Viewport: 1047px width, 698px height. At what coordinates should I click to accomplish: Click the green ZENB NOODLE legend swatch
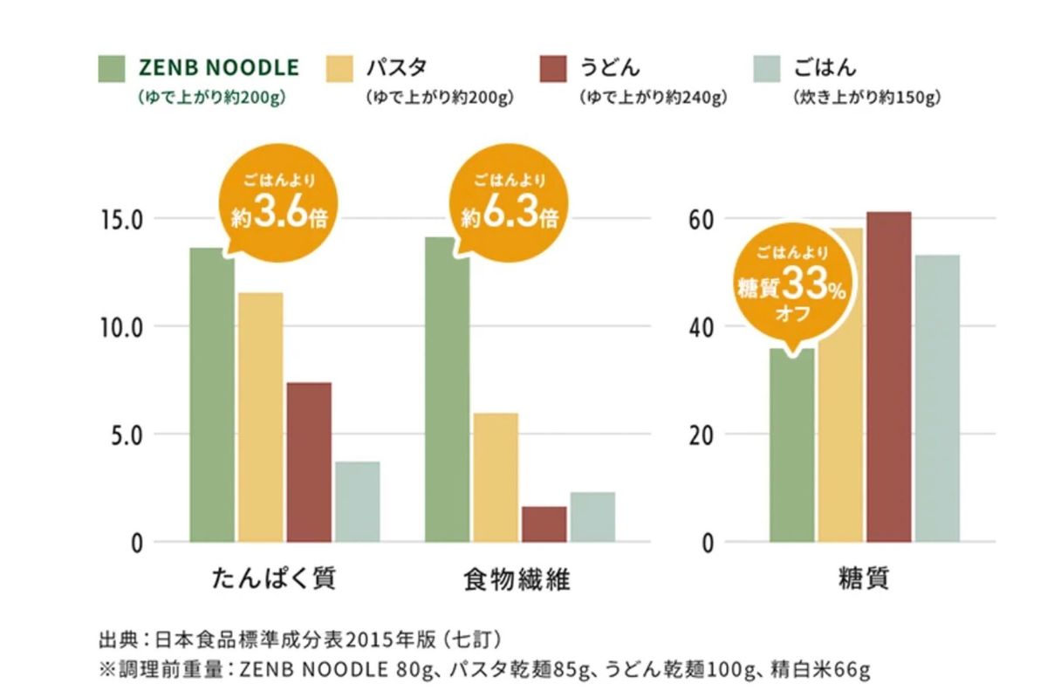tap(113, 68)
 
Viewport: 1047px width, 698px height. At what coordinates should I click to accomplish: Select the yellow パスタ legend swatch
tap(341, 68)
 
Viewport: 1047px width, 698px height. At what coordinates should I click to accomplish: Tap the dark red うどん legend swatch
tap(553, 68)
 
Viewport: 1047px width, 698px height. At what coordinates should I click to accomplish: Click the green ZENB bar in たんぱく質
tap(212, 401)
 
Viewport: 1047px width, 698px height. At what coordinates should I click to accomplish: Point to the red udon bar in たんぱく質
tap(309, 462)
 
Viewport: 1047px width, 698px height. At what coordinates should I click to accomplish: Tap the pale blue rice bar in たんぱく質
tap(357, 502)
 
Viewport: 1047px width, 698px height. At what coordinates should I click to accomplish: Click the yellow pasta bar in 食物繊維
tap(496, 476)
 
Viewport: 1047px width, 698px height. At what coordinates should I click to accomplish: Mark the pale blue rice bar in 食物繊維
tap(592, 517)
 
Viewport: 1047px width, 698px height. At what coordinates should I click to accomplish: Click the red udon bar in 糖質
tap(888, 376)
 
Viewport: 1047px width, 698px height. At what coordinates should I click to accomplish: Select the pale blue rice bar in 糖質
tap(937, 398)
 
